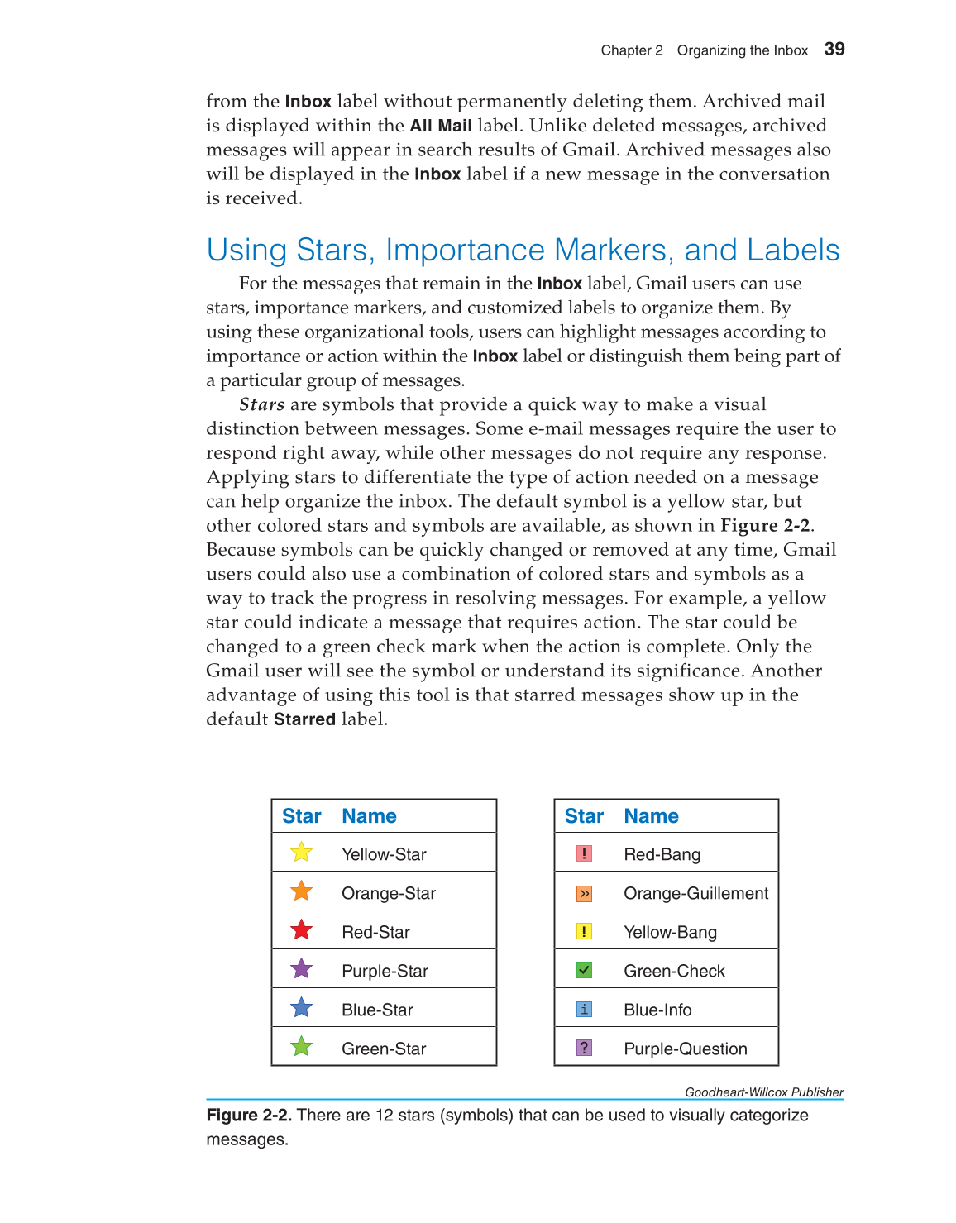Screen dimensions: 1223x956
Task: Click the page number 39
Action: [x=834, y=50]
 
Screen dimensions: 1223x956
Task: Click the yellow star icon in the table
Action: [x=302, y=853]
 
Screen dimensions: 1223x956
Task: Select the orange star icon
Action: [x=302, y=891]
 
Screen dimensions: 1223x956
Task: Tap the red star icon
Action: [x=302, y=930]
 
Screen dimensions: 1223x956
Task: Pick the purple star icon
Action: [x=302, y=969]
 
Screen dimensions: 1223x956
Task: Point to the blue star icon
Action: [x=302, y=1008]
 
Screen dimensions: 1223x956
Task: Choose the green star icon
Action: [x=302, y=1047]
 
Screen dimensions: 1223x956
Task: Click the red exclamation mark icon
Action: [x=584, y=853]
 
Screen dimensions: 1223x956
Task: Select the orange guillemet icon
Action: [x=584, y=893]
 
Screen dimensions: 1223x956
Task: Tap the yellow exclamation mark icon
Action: [x=584, y=932]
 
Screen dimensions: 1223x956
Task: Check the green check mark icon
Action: [x=584, y=970]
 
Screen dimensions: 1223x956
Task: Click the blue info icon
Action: [x=584, y=1009]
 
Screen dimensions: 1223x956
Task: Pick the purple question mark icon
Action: [x=584, y=1048]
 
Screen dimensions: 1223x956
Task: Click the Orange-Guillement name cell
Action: [x=695, y=893]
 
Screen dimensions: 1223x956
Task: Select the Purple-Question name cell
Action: [x=685, y=1049]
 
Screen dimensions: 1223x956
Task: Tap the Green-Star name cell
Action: [x=384, y=1049]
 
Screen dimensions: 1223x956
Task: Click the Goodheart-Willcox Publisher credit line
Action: [x=763, y=1092]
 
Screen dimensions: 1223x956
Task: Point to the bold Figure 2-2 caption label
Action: [x=249, y=1116]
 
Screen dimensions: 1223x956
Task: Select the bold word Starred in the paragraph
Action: [x=304, y=719]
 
